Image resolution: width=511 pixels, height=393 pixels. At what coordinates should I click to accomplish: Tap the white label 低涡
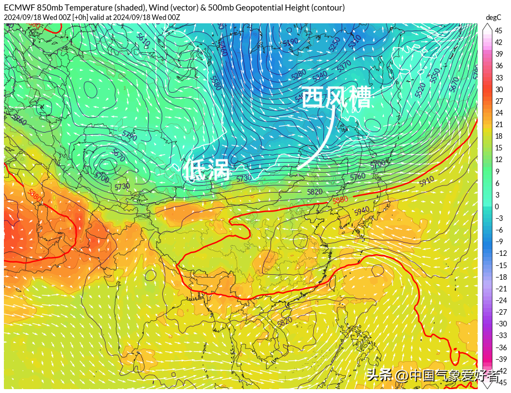pyautogui.click(x=207, y=170)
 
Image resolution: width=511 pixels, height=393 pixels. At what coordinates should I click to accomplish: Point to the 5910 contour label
pyautogui.click(x=427, y=181)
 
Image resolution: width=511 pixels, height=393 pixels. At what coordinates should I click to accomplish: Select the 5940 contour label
pyautogui.click(x=361, y=210)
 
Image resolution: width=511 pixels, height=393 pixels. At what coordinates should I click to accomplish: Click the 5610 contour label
pyautogui.click(x=143, y=41)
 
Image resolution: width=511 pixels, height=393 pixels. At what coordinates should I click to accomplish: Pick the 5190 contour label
pyautogui.click(x=290, y=42)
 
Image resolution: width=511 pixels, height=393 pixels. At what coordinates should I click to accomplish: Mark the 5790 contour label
pyautogui.click(x=129, y=136)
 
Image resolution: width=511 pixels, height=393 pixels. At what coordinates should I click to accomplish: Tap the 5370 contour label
pyautogui.click(x=344, y=65)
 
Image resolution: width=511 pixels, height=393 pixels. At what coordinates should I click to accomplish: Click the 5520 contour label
pyautogui.click(x=420, y=87)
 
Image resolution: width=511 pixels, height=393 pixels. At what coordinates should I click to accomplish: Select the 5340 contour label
pyautogui.click(x=319, y=75)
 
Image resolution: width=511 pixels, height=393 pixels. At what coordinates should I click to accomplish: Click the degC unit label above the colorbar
pyautogui.click(x=493, y=17)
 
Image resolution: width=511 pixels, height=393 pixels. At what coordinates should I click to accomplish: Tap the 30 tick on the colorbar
pyautogui.click(x=499, y=89)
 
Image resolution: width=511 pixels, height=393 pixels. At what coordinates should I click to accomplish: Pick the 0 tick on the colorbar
pyautogui.click(x=497, y=206)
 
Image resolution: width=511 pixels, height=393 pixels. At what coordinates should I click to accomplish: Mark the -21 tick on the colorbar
pyautogui.click(x=500, y=289)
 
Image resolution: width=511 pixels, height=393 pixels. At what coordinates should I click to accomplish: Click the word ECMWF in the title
pyautogui.click(x=19, y=8)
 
